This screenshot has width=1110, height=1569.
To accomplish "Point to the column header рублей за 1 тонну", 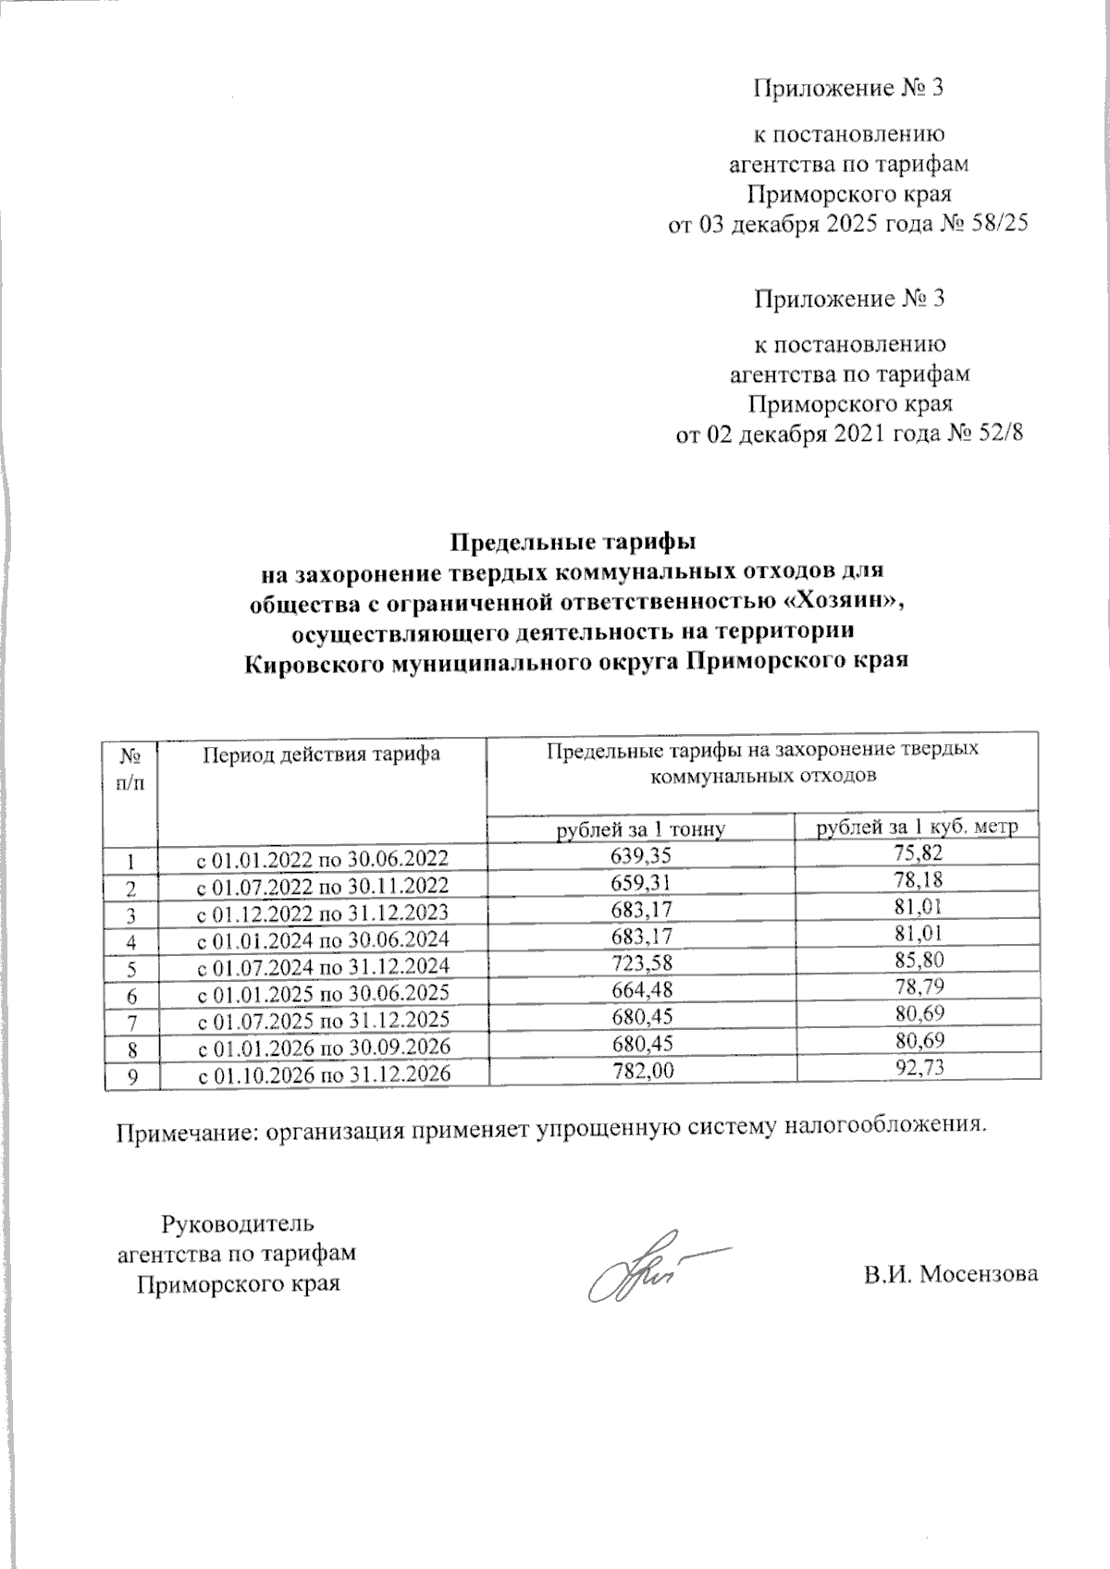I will (x=639, y=828).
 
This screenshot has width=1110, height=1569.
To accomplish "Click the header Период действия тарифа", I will (x=322, y=754).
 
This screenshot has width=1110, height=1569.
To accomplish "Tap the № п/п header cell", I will (x=130, y=767).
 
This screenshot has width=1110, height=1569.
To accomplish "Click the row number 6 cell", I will (x=130, y=995).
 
